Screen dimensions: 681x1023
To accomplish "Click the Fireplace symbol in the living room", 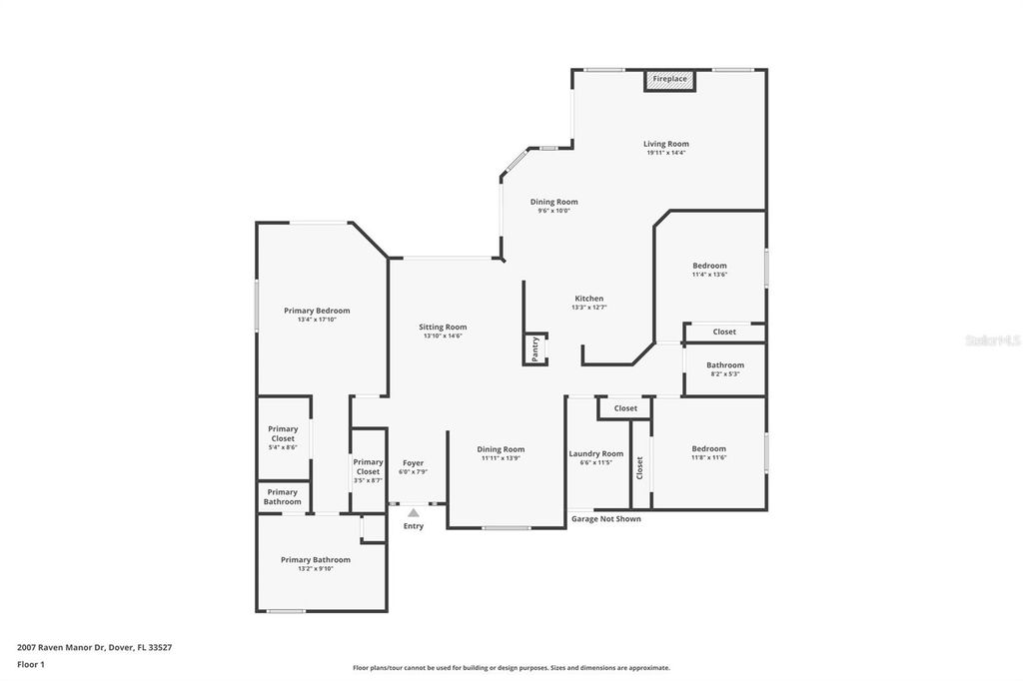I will (669, 80).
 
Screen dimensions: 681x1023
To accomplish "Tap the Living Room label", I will (665, 144).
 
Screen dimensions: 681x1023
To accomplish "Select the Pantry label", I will (535, 347).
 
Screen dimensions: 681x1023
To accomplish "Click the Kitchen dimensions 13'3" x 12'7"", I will (588, 308).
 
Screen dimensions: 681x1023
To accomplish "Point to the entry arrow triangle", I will (413, 513).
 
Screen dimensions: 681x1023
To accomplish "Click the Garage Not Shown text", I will (605, 519).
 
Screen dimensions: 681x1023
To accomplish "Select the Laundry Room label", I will (596, 453).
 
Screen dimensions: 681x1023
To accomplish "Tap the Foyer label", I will (413, 463).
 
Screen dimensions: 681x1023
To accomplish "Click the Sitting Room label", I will (443, 327).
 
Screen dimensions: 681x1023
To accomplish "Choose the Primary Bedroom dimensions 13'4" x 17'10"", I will (317, 320).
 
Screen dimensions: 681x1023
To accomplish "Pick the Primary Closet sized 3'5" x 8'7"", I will (368, 466).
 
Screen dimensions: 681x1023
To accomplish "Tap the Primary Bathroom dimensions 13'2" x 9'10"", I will (316, 568).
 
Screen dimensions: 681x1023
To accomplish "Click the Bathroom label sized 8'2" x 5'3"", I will (725, 364).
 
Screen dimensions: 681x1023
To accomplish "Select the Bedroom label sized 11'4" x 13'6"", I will (709, 266).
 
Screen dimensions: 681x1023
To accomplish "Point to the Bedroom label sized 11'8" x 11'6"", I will (709, 448).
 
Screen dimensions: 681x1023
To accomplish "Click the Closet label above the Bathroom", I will (724, 332).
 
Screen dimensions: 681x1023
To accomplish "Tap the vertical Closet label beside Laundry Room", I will (640, 467).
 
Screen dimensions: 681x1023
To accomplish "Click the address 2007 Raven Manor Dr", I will (94, 647).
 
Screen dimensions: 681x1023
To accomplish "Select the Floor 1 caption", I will (31, 664).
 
